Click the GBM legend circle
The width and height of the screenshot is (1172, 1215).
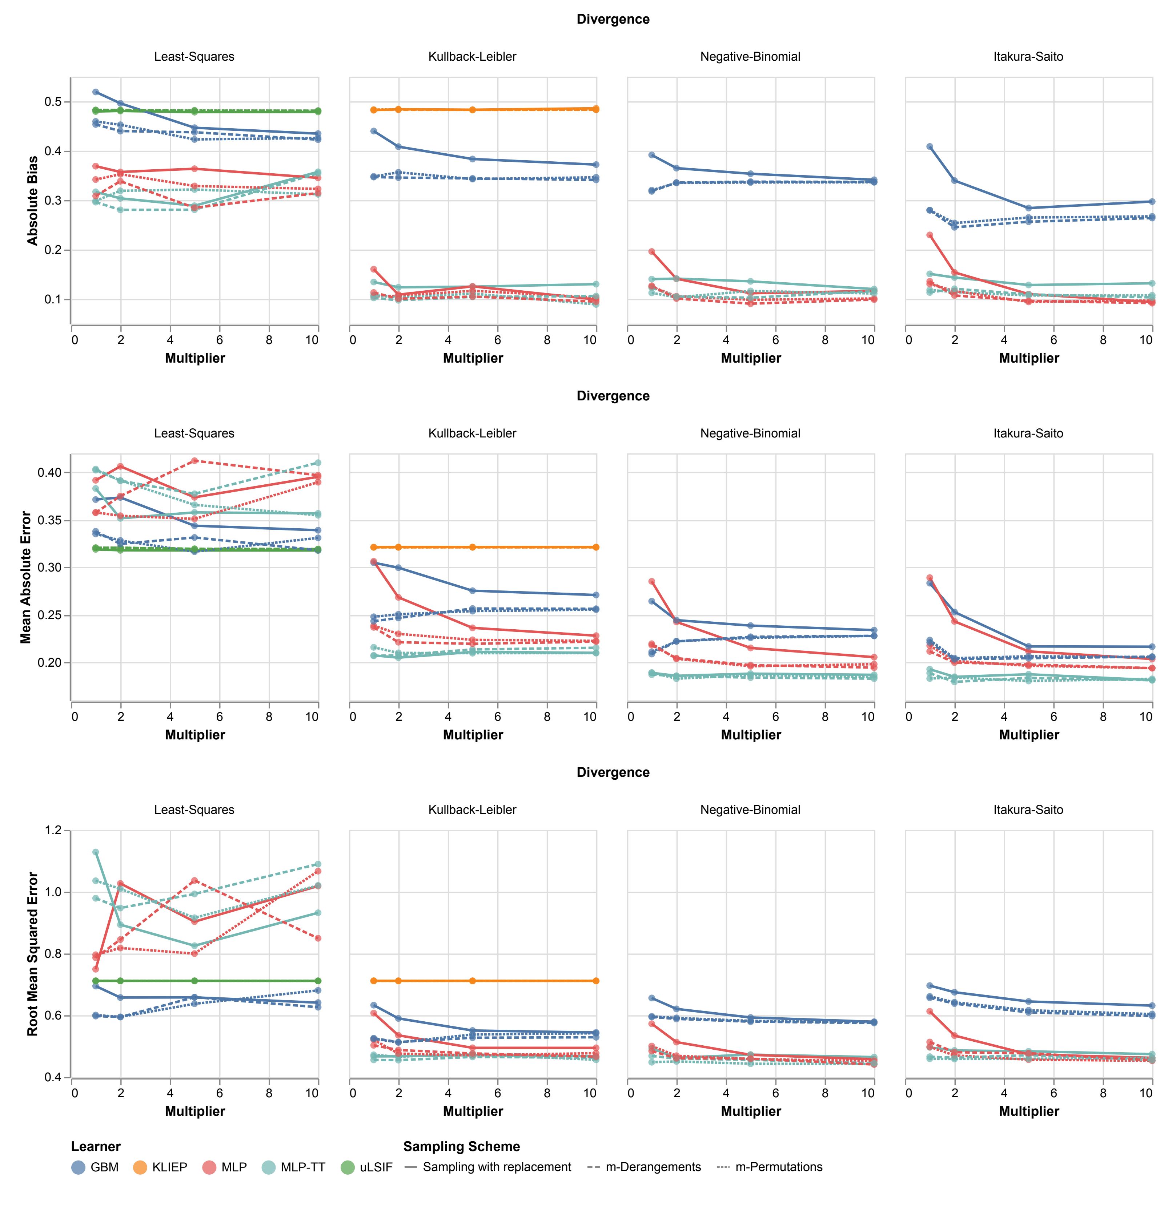click(78, 1167)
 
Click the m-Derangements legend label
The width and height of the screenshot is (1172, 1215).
click(653, 1167)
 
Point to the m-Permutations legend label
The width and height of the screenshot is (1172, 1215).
click(778, 1167)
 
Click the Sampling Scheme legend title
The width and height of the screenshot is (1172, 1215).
click(461, 1147)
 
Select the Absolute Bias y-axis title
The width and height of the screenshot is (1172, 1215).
click(33, 200)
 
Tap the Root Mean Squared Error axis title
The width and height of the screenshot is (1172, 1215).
click(33, 954)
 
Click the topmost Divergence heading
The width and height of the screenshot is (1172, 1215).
click(613, 19)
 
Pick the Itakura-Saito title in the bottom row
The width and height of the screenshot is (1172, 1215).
click(1028, 810)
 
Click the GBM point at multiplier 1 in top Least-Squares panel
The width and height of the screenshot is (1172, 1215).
click(96, 92)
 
